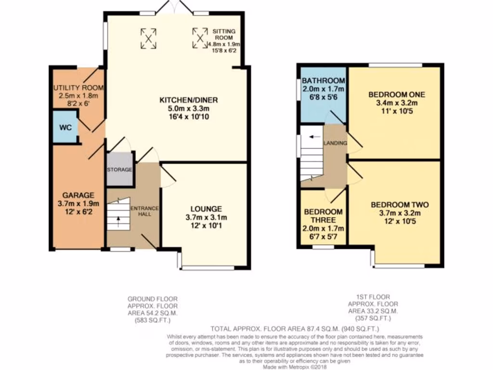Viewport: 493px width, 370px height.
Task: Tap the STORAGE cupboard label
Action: pos(119,170)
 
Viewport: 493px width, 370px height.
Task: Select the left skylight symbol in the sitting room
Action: pos(149,38)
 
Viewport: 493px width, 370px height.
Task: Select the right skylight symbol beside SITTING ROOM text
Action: pos(200,38)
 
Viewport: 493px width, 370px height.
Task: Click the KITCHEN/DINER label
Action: pos(189,100)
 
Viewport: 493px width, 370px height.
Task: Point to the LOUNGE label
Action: pos(206,209)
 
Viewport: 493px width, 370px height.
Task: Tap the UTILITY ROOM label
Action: pos(78,87)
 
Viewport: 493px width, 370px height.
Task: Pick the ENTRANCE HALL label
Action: pos(144,211)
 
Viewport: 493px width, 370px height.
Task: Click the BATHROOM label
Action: pos(323,80)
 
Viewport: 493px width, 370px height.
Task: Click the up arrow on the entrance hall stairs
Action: pos(117,220)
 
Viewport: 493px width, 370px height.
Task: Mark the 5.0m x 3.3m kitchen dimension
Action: pos(189,108)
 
